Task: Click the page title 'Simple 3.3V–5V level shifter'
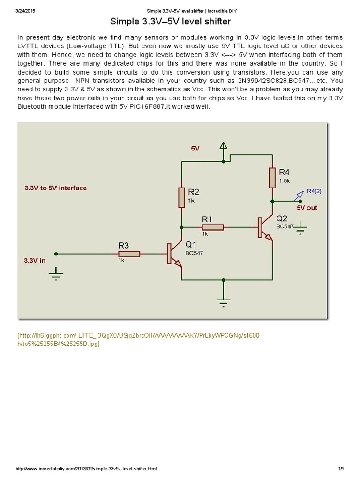pos(171,22)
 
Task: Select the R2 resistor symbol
pos(181,197)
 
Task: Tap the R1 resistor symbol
pos(213,227)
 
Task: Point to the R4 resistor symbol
pos(272,178)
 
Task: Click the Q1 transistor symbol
pos(173,255)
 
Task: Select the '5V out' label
pos(307,207)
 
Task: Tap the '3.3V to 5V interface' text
pos(55,188)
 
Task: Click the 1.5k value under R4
pos(285,180)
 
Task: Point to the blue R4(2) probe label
pos(315,191)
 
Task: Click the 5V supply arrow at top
pos(224,147)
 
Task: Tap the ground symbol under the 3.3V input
pos(56,274)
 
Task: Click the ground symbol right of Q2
pos(300,228)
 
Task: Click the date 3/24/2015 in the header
pos(26,10)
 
